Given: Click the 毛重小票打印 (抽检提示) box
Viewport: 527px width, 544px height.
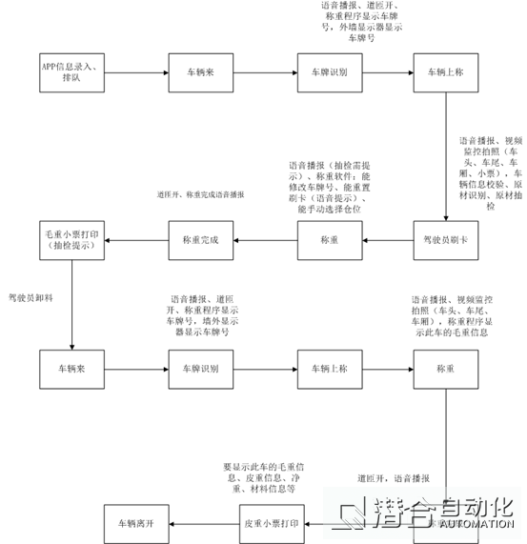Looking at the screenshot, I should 70,239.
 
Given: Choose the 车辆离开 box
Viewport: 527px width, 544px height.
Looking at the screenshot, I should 134,523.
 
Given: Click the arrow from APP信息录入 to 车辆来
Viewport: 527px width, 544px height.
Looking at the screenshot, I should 134,71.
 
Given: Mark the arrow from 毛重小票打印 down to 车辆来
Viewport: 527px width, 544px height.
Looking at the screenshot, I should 71,303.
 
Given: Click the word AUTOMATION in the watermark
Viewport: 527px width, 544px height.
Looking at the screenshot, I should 473,523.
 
